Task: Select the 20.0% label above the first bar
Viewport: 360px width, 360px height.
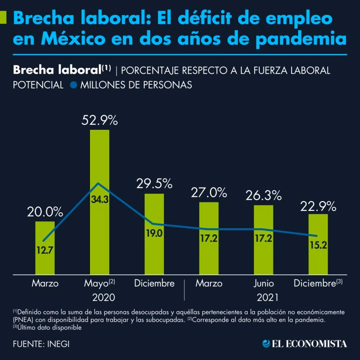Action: pyautogui.click(x=45, y=211)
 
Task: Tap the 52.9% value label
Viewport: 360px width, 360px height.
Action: pyautogui.click(x=99, y=120)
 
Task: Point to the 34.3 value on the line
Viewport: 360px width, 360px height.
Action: pyautogui.click(x=99, y=200)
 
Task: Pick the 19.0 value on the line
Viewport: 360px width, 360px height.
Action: pyautogui.click(x=154, y=234)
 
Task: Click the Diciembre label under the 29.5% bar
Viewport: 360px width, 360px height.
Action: pyautogui.click(x=154, y=284)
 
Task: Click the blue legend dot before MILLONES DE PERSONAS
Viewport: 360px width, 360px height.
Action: pyautogui.click(x=73, y=85)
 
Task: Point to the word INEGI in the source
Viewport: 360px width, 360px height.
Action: pyautogui.click(x=59, y=344)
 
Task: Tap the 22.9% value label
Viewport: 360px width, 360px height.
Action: pyautogui.click(x=318, y=205)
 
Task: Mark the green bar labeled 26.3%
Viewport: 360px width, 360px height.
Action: pyautogui.click(x=263, y=240)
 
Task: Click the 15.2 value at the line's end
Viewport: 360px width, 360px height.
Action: pyautogui.click(x=318, y=245)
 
